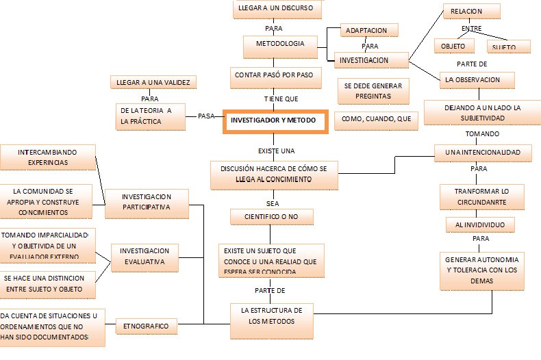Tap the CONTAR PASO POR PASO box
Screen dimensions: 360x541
[278, 75]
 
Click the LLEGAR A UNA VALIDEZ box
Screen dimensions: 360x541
[154, 83]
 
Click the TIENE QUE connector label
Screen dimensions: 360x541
[281, 99]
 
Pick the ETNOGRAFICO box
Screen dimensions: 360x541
[147, 326]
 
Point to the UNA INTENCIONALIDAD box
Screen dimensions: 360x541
[483, 152]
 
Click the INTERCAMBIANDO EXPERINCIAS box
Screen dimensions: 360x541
[48, 157]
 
